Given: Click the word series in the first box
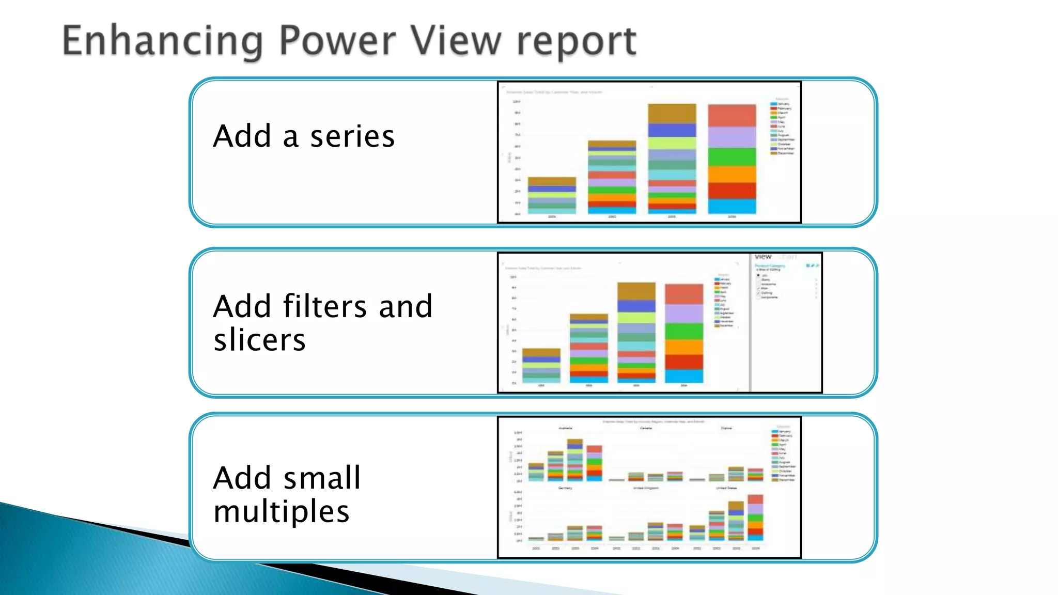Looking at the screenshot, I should [x=352, y=136].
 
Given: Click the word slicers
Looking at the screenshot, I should [x=260, y=340].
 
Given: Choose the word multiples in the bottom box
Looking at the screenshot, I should [x=282, y=511].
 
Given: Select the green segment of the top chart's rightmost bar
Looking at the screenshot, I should [x=732, y=156].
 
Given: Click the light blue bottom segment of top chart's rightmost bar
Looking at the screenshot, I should [x=732, y=206].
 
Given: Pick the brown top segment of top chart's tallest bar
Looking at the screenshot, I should [x=672, y=113].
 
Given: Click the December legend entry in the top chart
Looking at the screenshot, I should [x=783, y=153].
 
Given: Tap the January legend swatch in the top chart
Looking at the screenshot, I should [x=773, y=104].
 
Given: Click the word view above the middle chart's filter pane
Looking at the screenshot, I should [x=763, y=257].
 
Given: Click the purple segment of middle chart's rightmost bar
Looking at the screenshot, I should [x=683, y=314].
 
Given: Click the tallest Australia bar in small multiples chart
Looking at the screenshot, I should [x=574, y=460].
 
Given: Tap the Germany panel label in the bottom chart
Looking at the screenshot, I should [x=565, y=488].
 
